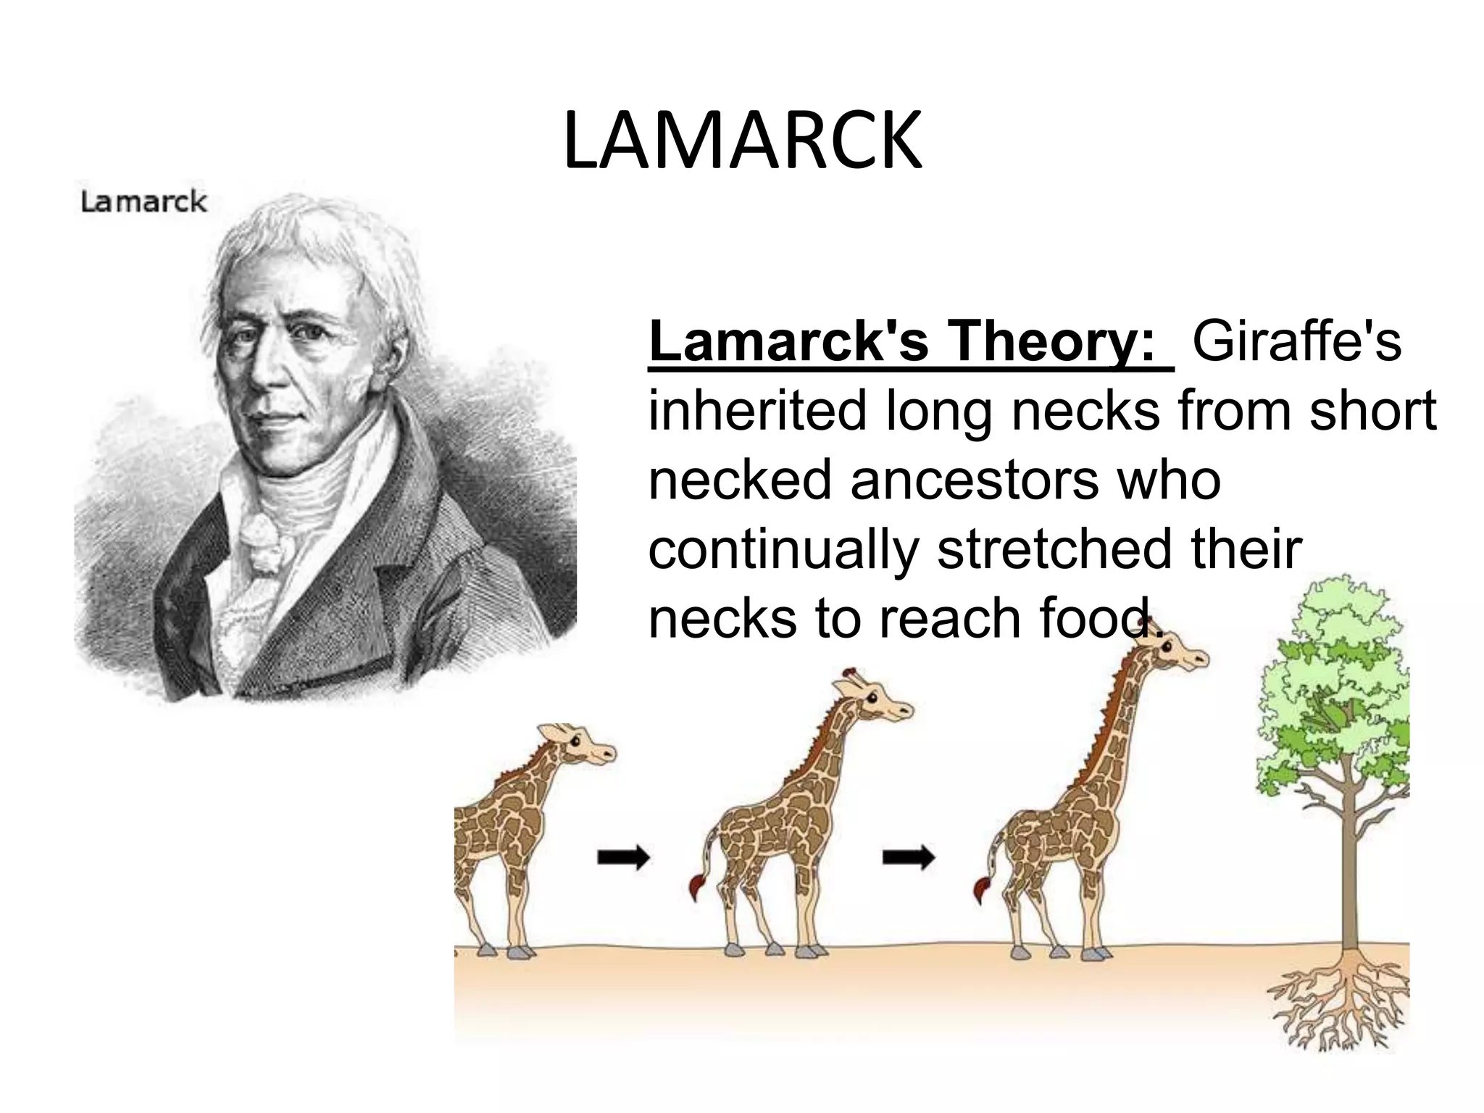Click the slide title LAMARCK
tap(742, 141)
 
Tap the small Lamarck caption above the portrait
tap(143, 201)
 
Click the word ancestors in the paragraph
tap(975, 480)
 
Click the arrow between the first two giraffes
tap(623, 859)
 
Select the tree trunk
tap(1348, 870)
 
